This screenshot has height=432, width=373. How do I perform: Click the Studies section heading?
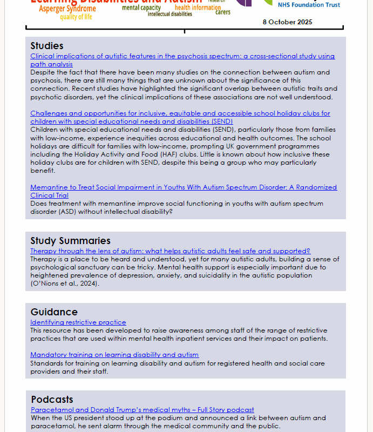[47, 46]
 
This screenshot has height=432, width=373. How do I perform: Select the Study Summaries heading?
[70, 241]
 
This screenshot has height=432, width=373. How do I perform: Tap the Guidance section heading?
[54, 312]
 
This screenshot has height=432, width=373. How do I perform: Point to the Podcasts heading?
[52, 400]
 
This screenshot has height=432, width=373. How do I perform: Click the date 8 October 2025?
[287, 22]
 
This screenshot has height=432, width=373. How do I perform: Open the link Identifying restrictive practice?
[78, 322]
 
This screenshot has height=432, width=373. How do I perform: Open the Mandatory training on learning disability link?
[114, 355]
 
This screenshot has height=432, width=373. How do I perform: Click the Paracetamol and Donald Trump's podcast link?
[142, 410]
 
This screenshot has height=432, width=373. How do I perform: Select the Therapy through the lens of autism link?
[170, 251]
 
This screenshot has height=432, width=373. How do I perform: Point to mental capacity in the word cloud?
[141, 8]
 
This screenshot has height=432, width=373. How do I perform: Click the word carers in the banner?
[223, 12]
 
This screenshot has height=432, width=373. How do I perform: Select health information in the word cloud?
[198, 8]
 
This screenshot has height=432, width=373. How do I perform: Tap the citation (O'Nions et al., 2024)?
[65, 283]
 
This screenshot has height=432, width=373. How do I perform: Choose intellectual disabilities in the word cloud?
[169, 15]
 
